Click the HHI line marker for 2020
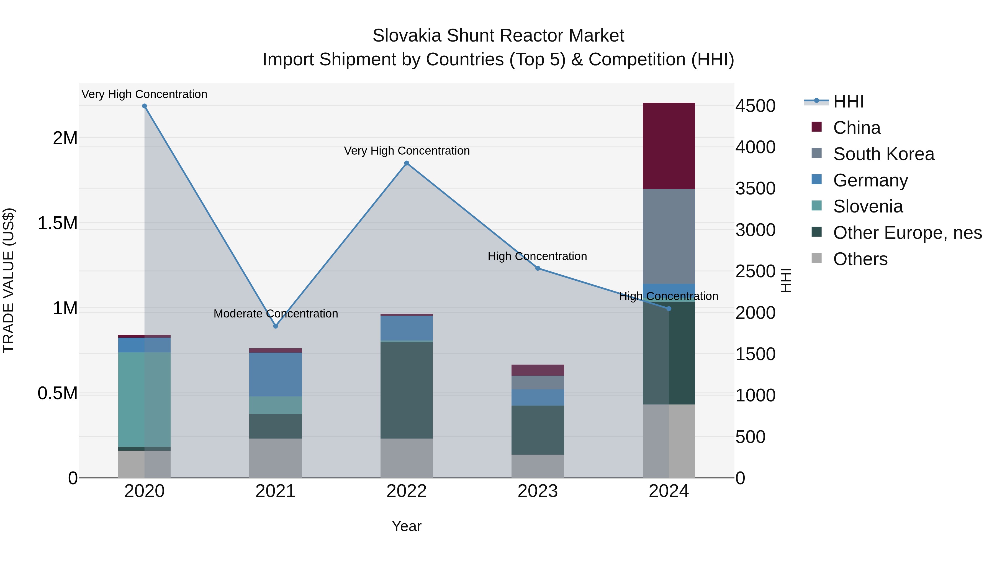pos(144,106)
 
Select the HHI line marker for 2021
pos(276,326)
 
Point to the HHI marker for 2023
pos(538,268)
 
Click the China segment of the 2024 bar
pos(669,146)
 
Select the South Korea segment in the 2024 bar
pos(669,236)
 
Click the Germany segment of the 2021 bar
pos(275,374)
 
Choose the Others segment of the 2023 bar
pos(538,466)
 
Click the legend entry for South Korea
pos(884,154)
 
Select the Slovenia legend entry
pos(868,206)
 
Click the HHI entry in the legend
pos(848,101)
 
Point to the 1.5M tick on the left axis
pos(58,223)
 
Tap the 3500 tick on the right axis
pos(755,189)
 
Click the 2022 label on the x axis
pos(406,491)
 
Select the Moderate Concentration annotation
pos(276,314)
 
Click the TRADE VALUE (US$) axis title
pos(9,280)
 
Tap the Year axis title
pos(406,526)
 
